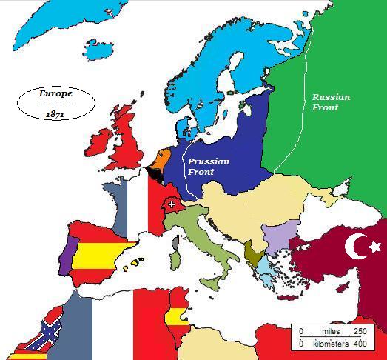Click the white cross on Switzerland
172,204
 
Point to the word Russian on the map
331,97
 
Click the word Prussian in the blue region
208,161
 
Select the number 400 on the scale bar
358,344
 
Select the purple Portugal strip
65,253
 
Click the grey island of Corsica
175,243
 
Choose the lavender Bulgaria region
283,236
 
